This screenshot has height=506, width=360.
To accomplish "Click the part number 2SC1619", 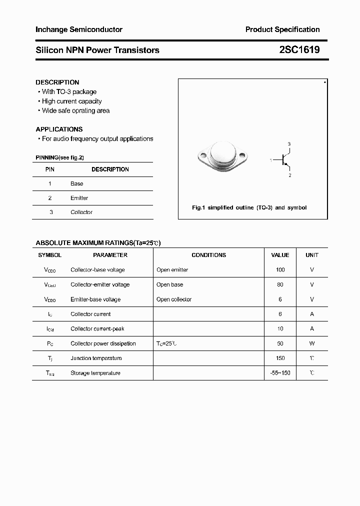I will click(299, 50).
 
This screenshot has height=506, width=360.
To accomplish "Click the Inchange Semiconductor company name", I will click(79, 29).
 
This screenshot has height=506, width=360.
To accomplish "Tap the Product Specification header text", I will click(282, 29).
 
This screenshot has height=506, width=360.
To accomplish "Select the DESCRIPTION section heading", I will click(57, 82).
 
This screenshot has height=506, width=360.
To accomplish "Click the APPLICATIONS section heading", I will click(59, 129).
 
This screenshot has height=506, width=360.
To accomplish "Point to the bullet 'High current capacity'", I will click(71, 101).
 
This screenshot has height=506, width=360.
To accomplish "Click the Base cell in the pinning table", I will click(76, 183).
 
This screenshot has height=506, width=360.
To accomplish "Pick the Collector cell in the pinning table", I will click(81, 212).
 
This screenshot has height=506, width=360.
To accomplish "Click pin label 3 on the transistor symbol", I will click(289, 144).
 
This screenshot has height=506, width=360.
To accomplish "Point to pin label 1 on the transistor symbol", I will click(270, 160).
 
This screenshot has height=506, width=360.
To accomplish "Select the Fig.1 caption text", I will click(249, 207).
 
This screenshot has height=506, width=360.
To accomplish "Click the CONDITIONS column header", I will click(208, 255).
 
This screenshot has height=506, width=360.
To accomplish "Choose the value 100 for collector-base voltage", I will click(280, 270).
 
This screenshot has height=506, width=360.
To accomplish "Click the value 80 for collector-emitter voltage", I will click(280, 284).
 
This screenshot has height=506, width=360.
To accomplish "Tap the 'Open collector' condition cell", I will click(174, 299).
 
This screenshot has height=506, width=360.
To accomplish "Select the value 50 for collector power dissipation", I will click(280, 343).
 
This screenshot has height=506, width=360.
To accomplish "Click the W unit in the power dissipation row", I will click(312, 343).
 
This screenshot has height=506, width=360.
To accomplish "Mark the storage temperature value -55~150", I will click(280, 373).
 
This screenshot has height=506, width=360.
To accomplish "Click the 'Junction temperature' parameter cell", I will click(96, 358).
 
